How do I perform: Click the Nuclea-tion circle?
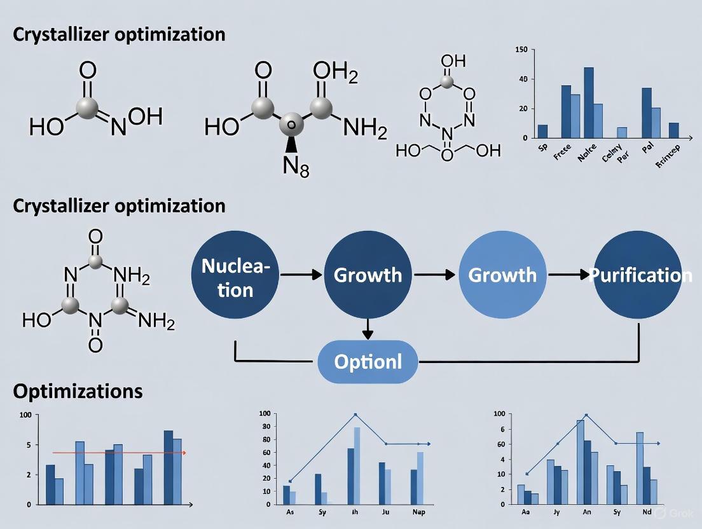(x=235, y=275)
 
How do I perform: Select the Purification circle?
(x=638, y=275)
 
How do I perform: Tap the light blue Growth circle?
(x=502, y=275)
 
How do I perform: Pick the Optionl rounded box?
(x=368, y=362)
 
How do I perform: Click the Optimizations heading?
(x=78, y=390)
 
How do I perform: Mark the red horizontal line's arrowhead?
(x=183, y=453)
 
